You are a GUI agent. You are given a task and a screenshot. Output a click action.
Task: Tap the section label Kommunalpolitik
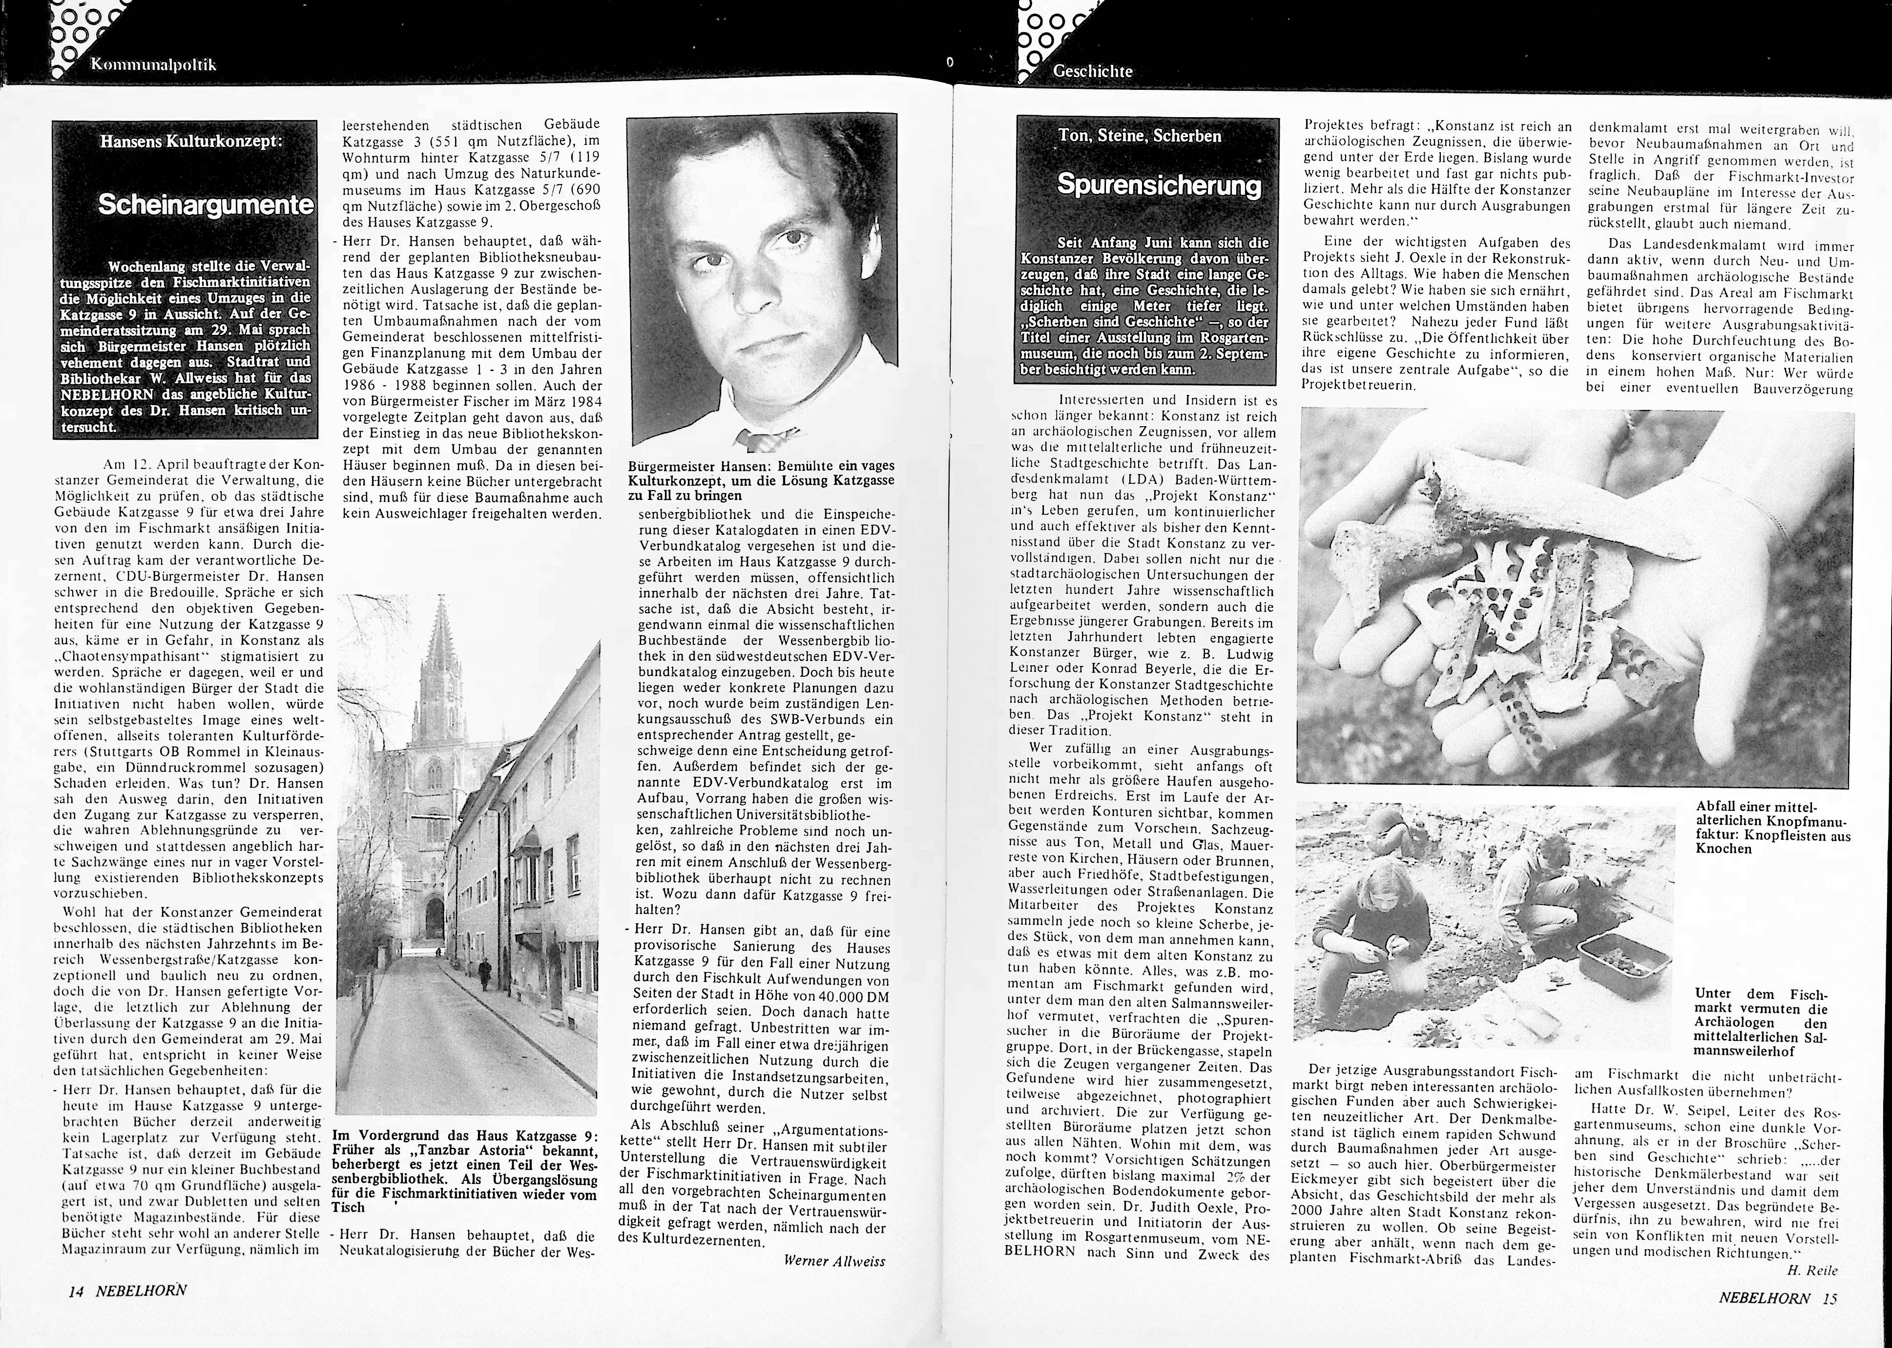[x=154, y=65]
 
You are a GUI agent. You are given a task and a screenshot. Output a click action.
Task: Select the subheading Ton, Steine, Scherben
[x=1139, y=135]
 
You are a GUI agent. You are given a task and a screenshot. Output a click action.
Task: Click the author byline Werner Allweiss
[x=834, y=1260]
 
